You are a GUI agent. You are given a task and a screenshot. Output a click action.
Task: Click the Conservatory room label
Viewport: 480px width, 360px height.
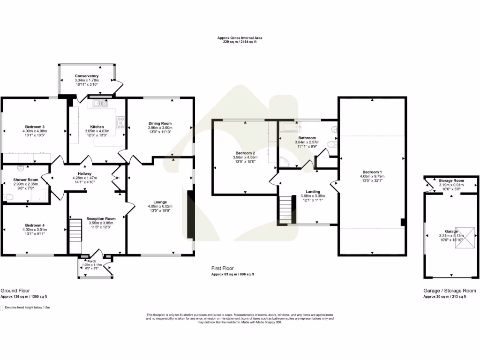click(87, 76)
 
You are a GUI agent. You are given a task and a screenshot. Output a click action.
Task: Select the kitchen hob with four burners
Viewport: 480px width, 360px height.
click(120, 123)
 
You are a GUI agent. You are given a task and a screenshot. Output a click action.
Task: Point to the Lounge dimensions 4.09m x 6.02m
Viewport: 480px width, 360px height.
click(160, 206)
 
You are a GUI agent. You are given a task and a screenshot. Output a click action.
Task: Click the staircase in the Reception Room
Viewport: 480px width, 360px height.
click(75, 231)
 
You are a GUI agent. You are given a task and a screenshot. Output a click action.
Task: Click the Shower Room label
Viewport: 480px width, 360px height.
click(26, 180)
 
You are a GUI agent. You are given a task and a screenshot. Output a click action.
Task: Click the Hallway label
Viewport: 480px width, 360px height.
click(84, 173)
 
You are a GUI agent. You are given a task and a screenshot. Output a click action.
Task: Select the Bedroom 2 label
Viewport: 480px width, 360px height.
click(244, 153)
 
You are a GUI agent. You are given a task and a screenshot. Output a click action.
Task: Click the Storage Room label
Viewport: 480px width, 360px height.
click(452, 181)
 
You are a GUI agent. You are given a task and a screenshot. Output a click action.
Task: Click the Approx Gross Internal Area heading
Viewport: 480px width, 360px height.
click(240, 37)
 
